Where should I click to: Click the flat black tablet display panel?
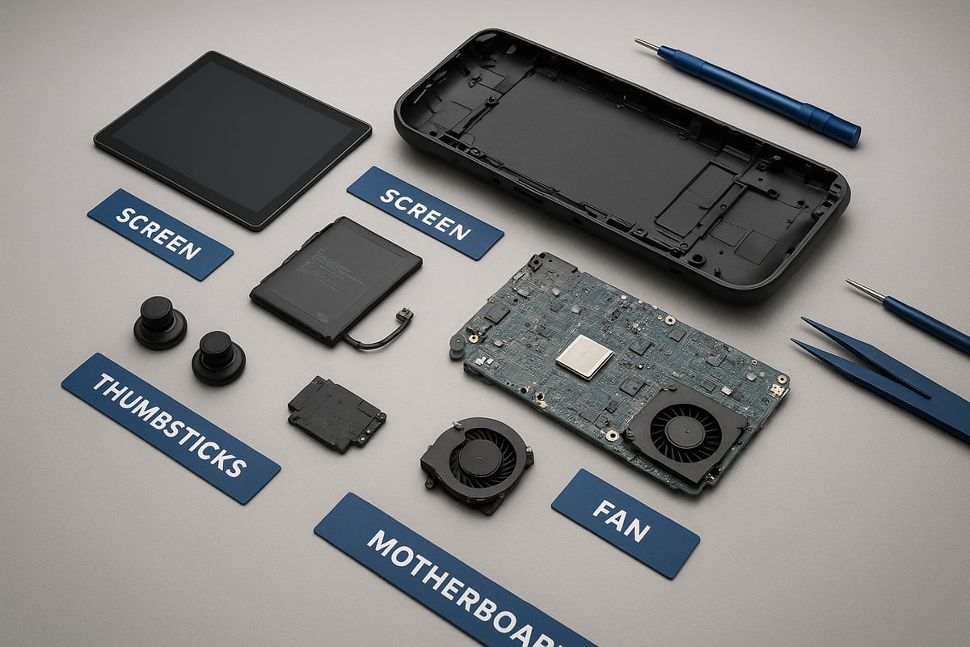tap(233, 140)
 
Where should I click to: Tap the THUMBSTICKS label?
tap(171, 428)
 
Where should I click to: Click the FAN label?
tap(626, 523)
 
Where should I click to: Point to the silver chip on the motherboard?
tap(585, 357)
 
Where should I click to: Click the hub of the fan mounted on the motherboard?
tap(685, 432)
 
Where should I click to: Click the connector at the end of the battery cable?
tap(405, 314)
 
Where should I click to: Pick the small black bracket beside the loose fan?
tap(336, 414)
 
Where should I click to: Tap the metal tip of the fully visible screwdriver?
tap(647, 44)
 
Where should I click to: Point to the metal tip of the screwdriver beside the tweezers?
tap(865, 290)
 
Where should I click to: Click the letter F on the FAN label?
tap(602, 510)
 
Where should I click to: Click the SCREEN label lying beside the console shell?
tap(425, 214)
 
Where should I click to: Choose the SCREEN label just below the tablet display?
tap(160, 235)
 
